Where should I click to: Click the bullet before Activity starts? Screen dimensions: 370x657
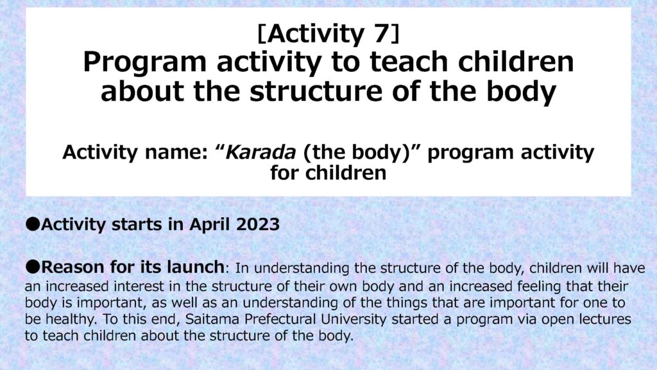click(x=32, y=225)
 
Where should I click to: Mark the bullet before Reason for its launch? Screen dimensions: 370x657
click(x=32, y=265)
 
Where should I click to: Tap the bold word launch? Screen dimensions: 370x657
click(x=194, y=265)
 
